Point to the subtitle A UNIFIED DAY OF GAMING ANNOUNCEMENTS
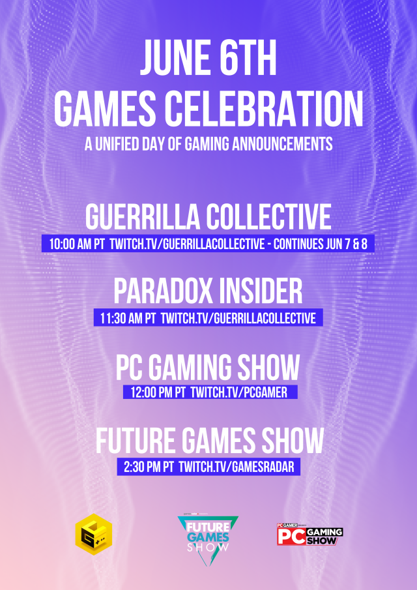pos(208,144)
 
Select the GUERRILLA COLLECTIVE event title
pos(208,217)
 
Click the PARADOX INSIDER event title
pos(208,292)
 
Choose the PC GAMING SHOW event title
pos(208,368)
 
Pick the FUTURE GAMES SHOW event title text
pos(208,442)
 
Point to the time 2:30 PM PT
pos(148,467)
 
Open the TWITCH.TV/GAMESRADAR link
pos(237,467)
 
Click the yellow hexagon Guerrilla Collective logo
pos(93,537)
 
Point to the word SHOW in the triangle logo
pos(208,548)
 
